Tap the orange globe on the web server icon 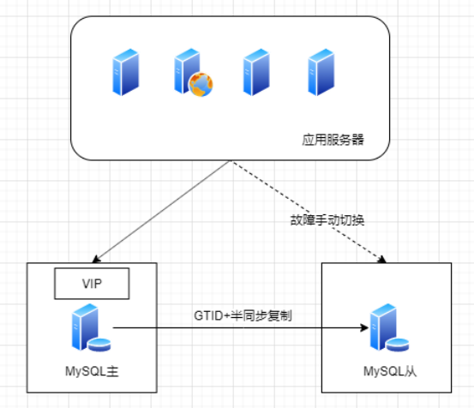201,84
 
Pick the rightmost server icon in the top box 320,73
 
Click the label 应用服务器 333,138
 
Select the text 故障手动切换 327,219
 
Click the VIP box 91,283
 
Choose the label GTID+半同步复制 236,315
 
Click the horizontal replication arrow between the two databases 231,327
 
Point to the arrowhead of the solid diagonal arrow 95,258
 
